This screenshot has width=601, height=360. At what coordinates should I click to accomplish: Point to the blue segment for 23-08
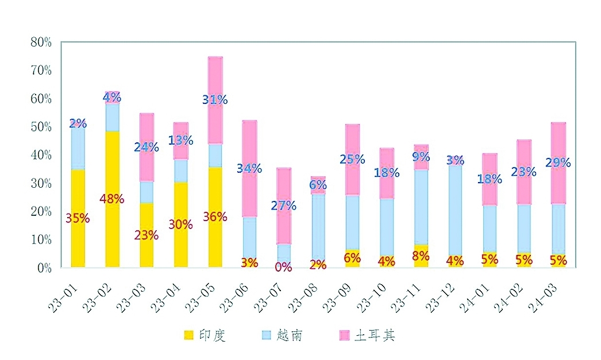tap(318, 227)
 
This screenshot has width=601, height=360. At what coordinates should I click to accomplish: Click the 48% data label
tap(111, 199)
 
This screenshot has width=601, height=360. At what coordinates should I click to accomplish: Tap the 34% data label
tap(249, 169)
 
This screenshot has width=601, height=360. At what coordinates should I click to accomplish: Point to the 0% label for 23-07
tap(283, 267)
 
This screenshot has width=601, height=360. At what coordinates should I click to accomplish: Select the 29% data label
tap(558, 163)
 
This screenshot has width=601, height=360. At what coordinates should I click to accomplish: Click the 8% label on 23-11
tap(421, 256)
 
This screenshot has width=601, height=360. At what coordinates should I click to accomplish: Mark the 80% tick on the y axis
tap(41, 42)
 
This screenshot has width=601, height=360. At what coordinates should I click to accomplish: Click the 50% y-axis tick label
tap(41, 126)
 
